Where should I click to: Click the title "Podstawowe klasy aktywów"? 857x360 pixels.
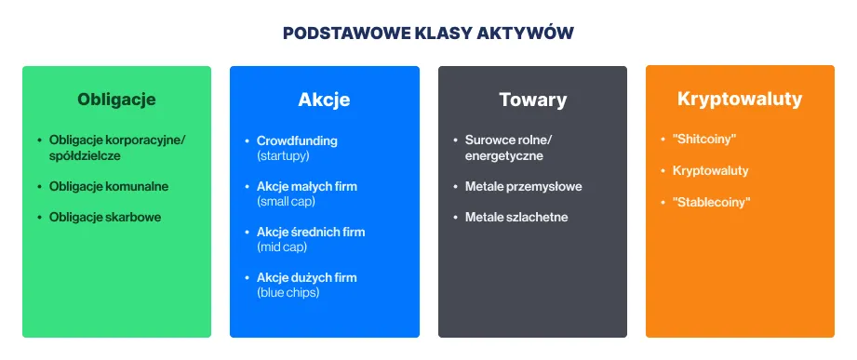(428, 33)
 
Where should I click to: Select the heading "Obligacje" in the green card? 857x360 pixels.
(116, 100)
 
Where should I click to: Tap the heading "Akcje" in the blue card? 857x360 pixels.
(324, 100)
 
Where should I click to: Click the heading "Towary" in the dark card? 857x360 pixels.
(532, 100)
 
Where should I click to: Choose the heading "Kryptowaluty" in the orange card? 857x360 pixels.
(740, 99)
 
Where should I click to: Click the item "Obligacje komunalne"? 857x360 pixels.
(109, 187)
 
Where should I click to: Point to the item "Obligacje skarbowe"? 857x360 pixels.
(105, 218)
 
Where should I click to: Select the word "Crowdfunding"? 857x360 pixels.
(297, 140)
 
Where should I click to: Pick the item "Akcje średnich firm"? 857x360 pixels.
(311, 233)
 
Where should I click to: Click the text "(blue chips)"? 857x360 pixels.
(288, 293)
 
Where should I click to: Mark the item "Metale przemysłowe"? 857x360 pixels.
(524, 187)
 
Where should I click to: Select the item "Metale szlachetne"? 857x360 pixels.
(516, 218)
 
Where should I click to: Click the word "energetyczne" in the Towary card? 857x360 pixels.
(504, 156)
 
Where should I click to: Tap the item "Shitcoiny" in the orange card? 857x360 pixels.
(704, 140)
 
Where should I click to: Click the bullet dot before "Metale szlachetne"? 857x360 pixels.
(455, 218)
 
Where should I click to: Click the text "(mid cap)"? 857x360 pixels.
(282, 247)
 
